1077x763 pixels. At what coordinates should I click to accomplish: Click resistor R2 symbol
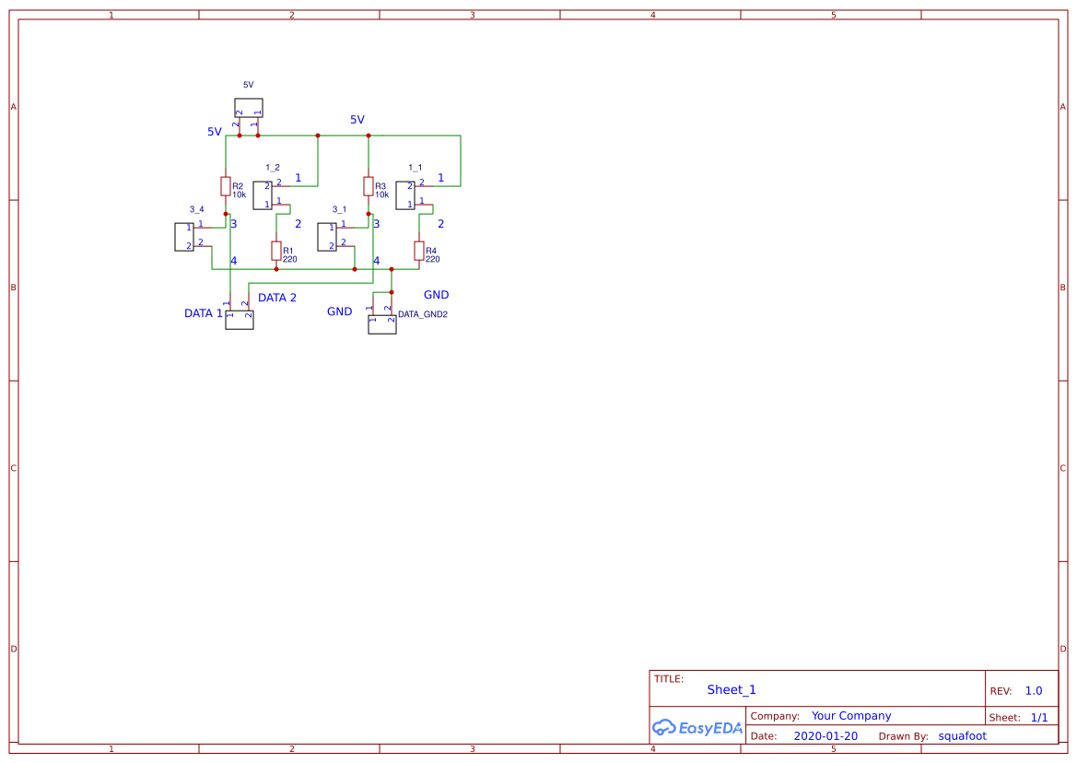(x=226, y=186)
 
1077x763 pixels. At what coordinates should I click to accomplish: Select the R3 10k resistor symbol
(x=369, y=186)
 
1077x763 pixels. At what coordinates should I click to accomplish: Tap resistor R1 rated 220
(x=276, y=251)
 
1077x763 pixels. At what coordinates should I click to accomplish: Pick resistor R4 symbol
(x=419, y=251)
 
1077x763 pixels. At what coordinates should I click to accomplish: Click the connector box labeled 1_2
(x=262, y=195)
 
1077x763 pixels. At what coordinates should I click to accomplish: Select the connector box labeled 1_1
(x=404, y=195)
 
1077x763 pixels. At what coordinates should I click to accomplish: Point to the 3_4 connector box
(x=183, y=237)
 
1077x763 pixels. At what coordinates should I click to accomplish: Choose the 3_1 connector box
(x=326, y=237)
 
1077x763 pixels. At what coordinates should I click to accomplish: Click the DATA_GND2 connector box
(x=381, y=324)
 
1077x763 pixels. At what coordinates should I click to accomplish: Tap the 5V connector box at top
(x=248, y=108)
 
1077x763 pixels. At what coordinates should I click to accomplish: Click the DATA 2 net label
(x=277, y=298)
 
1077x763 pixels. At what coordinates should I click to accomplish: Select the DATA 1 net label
(x=204, y=313)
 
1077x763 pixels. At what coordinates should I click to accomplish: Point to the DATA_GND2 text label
(x=423, y=314)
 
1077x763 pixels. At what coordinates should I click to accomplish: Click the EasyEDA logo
(x=697, y=727)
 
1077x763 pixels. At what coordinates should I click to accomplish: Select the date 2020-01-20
(x=825, y=736)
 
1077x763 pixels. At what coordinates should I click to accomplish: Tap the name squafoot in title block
(x=962, y=736)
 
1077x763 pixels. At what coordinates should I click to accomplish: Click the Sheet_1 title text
(x=732, y=689)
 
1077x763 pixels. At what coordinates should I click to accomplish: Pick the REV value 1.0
(x=1034, y=690)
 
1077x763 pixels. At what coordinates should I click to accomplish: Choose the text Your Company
(x=851, y=716)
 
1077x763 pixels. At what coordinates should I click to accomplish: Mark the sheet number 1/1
(x=1039, y=717)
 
